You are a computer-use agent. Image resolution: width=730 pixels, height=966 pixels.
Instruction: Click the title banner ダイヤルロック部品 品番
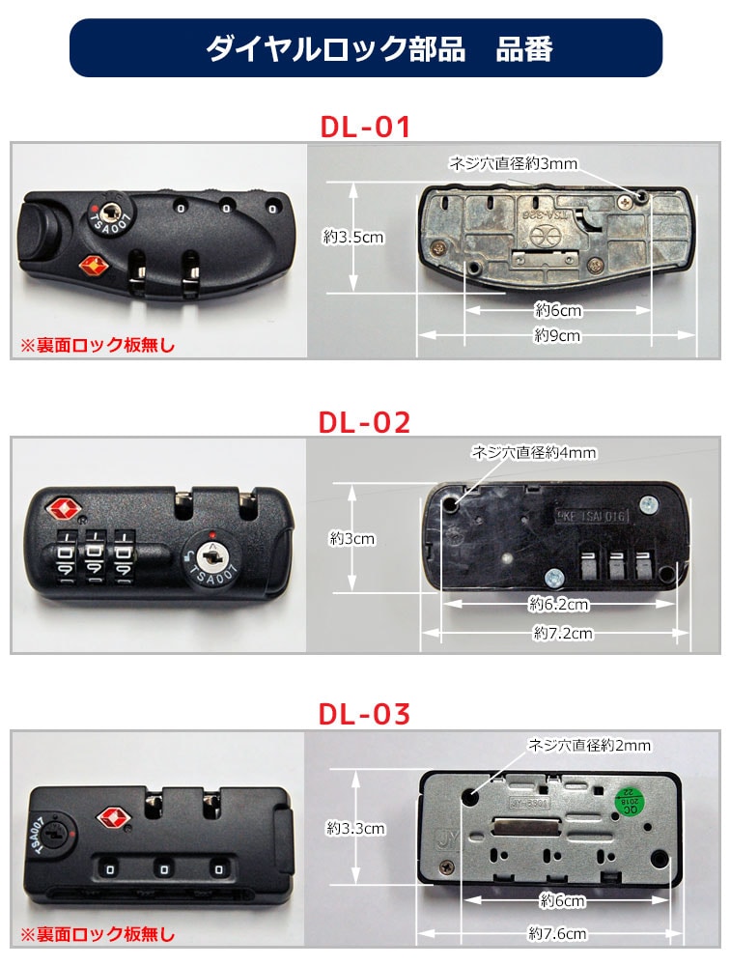[x=365, y=48]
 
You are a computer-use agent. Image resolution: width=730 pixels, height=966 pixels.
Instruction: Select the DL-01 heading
[x=365, y=127]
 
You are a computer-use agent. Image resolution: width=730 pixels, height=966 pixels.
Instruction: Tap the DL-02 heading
[x=365, y=422]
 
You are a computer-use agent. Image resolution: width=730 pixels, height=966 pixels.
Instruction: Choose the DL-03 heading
[x=365, y=714]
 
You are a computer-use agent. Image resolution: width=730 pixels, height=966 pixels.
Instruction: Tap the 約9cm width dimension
[x=557, y=335]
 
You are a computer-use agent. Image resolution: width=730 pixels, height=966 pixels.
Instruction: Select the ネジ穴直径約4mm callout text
[x=533, y=452]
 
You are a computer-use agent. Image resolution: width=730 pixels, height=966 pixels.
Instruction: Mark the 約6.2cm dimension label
[x=558, y=605]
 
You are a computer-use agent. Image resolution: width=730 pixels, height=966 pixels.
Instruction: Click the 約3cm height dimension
[x=351, y=538]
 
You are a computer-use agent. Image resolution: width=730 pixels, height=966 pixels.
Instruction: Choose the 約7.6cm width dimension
[x=557, y=933]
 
